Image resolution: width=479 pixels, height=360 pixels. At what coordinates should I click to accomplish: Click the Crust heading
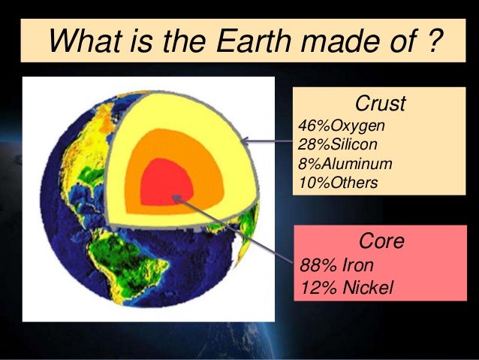pos(379,103)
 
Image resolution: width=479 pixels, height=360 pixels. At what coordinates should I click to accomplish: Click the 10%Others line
pos(335,181)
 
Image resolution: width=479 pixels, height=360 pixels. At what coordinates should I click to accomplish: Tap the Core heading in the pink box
pos(382,242)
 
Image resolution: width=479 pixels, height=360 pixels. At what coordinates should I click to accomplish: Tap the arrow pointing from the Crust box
pos(267,141)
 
